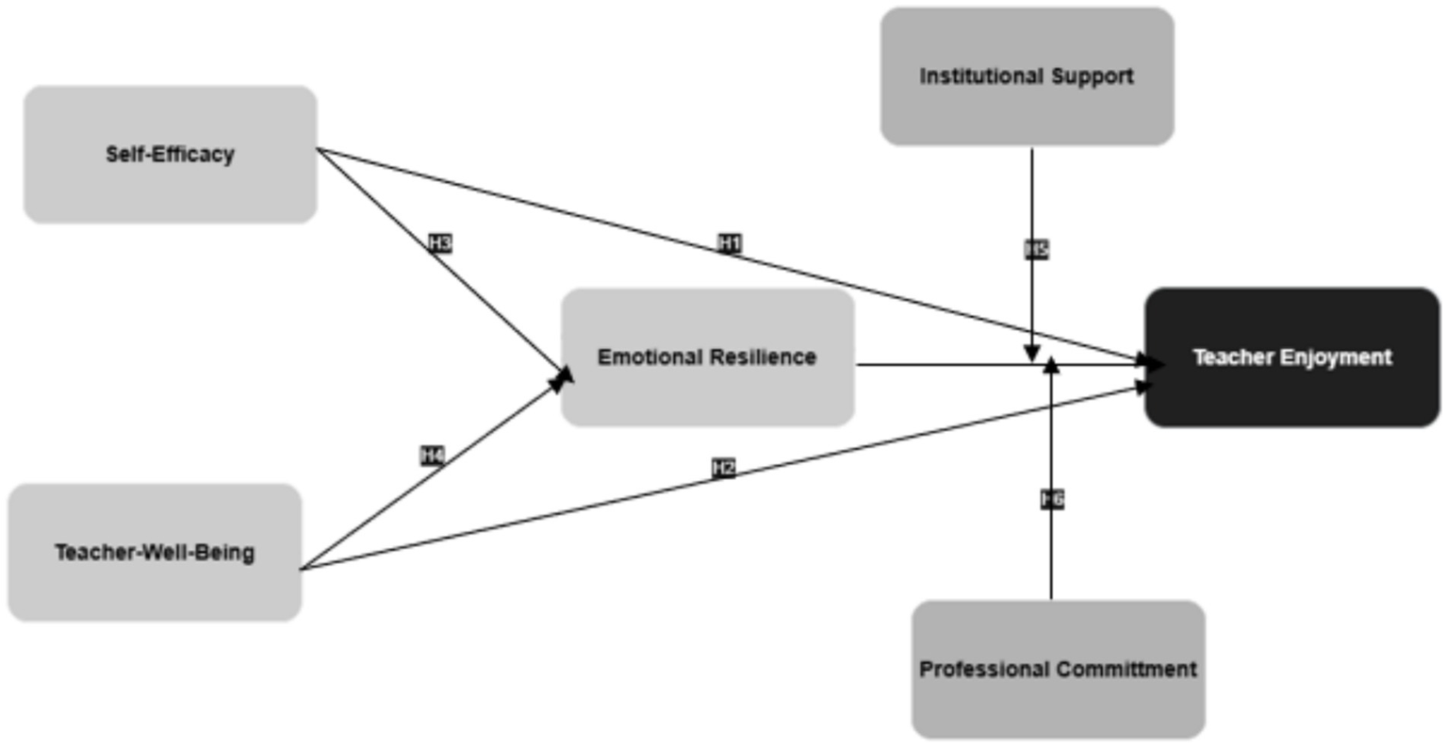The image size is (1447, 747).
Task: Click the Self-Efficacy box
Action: [x=170, y=155]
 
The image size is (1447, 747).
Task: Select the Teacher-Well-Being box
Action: [x=155, y=553]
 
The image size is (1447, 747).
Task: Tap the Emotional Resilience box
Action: [x=707, y=357]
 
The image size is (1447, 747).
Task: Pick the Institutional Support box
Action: [x=1027, y=76]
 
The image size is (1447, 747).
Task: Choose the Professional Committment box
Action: [x=1058, y=670]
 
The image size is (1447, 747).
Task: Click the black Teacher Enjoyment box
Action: [x=1291, y=357]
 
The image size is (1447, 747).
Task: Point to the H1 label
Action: [x=730, y=243]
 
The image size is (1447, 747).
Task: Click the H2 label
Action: [x=723, y=468]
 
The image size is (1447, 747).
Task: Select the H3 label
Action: [x=440, y=243]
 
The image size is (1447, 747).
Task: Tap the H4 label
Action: [x=432, y=456]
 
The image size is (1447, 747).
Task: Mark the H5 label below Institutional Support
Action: [x=1036, y=249]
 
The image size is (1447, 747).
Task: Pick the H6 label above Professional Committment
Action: [x=1052, y=499]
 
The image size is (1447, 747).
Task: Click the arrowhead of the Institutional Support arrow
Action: [x=1032, y=355]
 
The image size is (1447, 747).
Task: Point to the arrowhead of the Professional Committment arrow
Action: [x=1051, y=364]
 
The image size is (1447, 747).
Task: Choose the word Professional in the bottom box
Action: [x=984, y=670]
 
